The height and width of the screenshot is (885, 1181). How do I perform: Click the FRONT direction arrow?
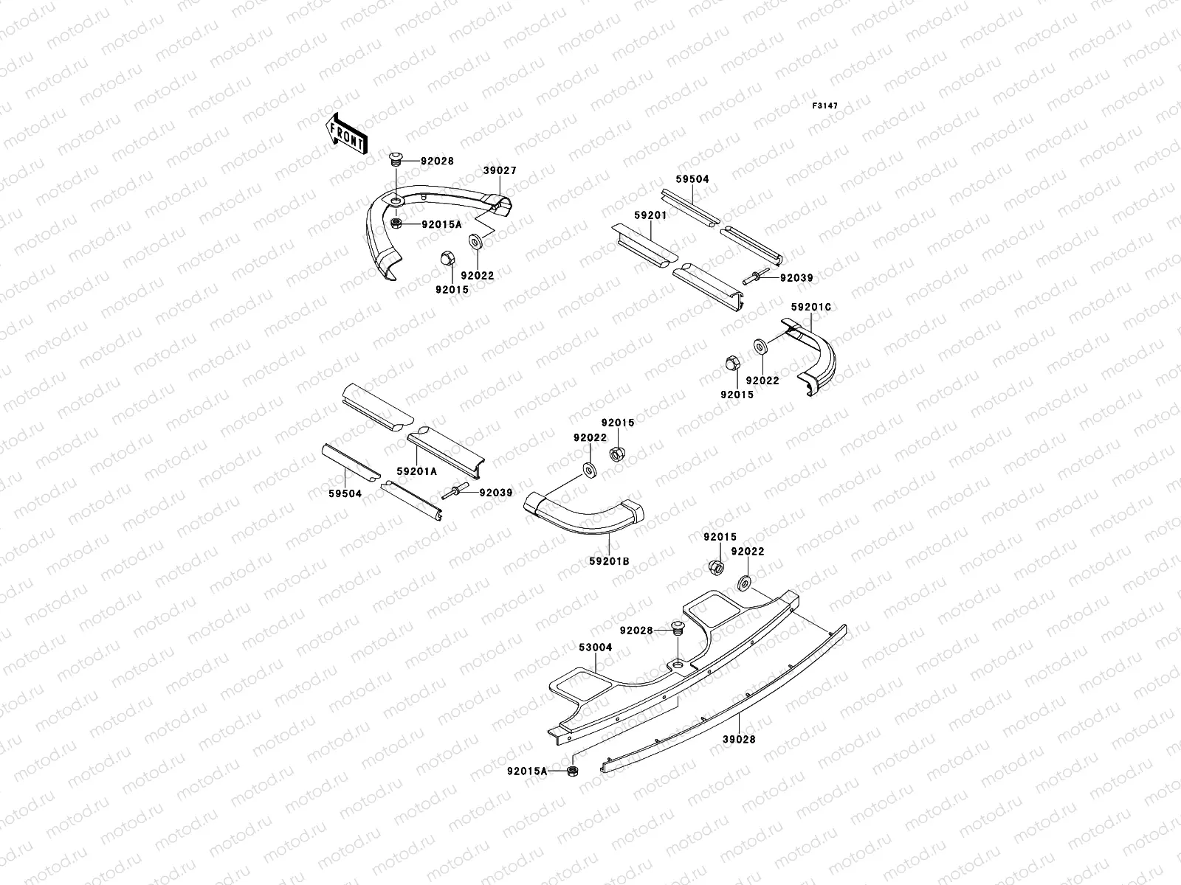345,133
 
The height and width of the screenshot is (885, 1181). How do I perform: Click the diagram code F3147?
825,106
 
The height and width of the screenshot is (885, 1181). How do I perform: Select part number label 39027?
500,170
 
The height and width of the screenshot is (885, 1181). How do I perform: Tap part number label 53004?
596,647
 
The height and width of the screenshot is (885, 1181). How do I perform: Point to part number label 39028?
739,738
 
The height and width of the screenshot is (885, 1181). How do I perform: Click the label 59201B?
609,561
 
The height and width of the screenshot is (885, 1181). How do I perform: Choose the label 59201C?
811,306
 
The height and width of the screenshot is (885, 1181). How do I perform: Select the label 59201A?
417,471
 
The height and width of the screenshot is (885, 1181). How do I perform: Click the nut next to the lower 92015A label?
572,771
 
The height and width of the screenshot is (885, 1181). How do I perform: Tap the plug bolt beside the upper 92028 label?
395,159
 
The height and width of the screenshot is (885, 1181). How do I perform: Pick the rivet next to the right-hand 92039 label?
756,278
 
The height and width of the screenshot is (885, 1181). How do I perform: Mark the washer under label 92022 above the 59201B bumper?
590,469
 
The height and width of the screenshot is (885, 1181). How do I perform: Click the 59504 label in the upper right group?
692,179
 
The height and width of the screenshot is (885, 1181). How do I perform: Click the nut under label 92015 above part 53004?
715,568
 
